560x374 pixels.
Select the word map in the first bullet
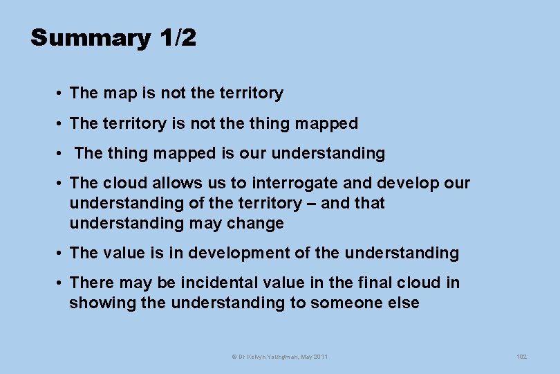pyautogui.click(x=118, y=93)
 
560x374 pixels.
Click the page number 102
pyautogui.click(x=521, y=357)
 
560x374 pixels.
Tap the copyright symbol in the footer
pyautogui.click(x=233, y=357)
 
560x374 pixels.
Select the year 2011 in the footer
pyautogui.click(x=320, y=357)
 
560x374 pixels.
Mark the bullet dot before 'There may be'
pyautogui.click(x=62, y=283)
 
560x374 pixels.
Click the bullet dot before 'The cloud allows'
pyautogui.click(x=62, y=184)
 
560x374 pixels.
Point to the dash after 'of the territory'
pyautogui.click(x=310, y=204)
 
